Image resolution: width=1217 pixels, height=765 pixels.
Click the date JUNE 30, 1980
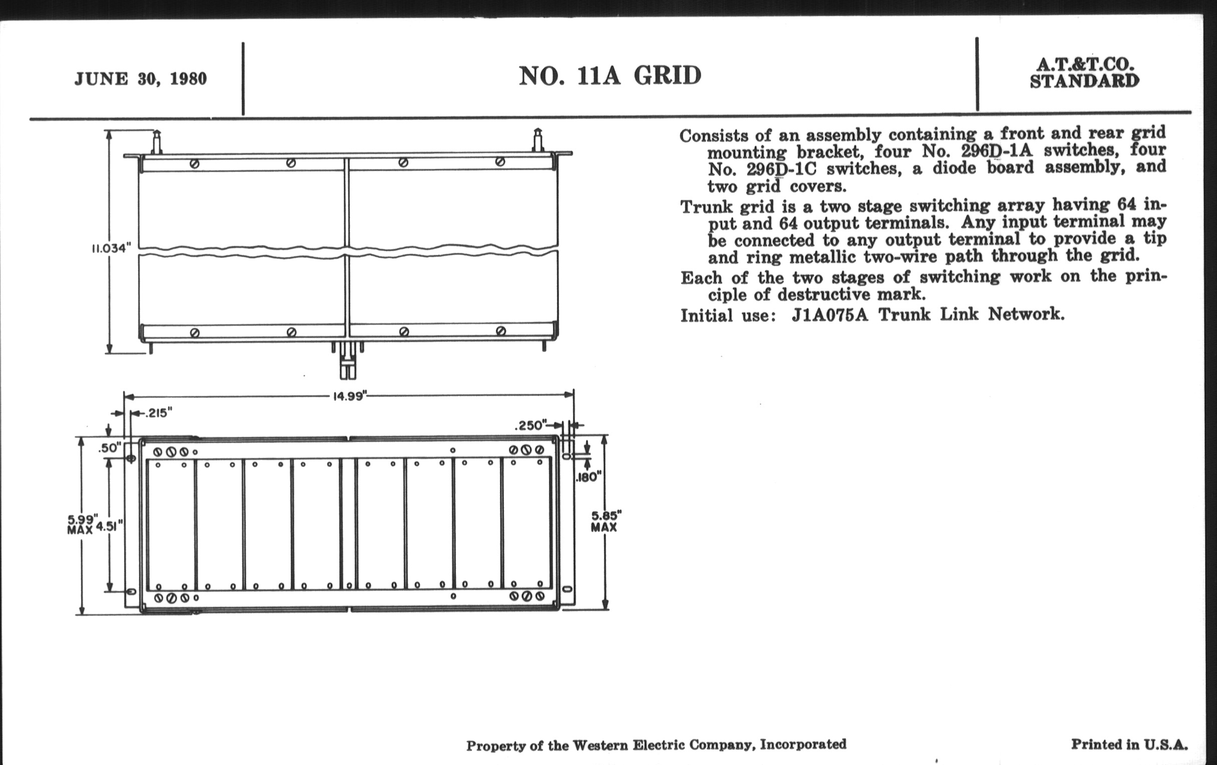(x=141, y=79)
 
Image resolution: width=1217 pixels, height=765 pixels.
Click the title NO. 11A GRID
(x=610, y=75)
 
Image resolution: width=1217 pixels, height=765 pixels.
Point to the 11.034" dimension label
(x=111, y=248)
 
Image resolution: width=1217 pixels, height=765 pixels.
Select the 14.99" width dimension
(x=349, y=396)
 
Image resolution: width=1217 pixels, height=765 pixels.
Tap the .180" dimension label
(x=589, y=476)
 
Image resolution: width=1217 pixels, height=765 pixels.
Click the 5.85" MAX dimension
(x=606, y=521)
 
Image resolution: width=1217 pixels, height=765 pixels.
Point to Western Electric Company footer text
(x=656, y=745)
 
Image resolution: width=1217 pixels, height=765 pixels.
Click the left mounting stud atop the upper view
(x=157, y=142)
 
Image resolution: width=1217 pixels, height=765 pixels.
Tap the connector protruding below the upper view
(x=347, y=359)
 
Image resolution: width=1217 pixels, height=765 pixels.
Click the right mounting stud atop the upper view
(x=538, y=140)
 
